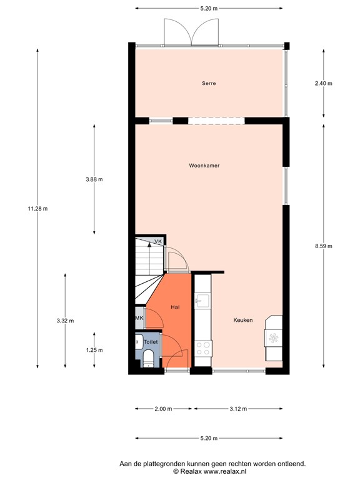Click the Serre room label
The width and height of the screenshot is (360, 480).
point(209,83)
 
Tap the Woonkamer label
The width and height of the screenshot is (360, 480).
point(204,166)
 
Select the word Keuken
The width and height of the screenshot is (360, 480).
point(242,320)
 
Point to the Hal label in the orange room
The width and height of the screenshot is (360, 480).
point(175,307)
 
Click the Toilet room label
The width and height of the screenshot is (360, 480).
point(151,342)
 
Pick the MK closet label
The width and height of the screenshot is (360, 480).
point(139,318)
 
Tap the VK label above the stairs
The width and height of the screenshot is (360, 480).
point(158,241)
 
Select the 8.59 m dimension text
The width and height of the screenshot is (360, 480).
point(323,246)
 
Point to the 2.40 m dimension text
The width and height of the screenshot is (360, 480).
point(323,83)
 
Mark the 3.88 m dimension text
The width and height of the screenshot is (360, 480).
point(94,179)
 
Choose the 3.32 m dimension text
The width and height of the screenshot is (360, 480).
point(65,321)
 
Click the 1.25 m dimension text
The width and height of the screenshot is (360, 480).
point(94,350)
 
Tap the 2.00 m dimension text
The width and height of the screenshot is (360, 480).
point(162,409)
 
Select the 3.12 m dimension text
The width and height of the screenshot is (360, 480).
point(237,409)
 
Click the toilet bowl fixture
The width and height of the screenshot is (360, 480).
point(148,359)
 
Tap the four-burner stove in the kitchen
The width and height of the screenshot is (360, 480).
point(202,348)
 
